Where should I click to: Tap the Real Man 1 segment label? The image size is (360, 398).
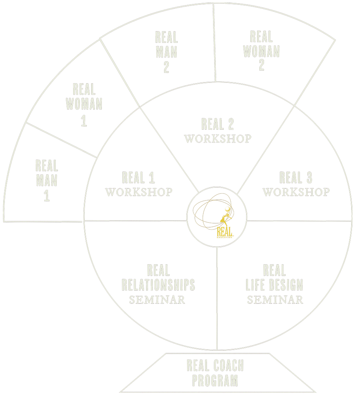coord(47,181)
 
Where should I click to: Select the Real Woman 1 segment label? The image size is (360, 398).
coord(84,105)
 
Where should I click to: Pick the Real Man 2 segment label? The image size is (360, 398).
coord(166,52)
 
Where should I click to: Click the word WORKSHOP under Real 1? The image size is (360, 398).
coord(139,192)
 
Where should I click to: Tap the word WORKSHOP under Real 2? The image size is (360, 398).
coord(218,139)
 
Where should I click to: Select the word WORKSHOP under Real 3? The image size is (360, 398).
coord(296,192)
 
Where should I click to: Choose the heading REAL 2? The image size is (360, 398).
coord(218,125)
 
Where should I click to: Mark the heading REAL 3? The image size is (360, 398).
coord(296,178)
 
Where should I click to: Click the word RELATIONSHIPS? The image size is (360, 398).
coord(158,285)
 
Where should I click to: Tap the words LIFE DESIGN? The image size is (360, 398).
coord(274,285)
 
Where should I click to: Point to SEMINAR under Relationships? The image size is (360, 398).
coord(157,299)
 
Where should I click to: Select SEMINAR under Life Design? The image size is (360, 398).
coord(275,299)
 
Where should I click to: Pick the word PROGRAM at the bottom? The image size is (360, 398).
coord(215,380)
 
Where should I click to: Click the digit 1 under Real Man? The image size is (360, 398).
coord(47,196)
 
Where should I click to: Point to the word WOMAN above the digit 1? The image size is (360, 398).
coord(84,104)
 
